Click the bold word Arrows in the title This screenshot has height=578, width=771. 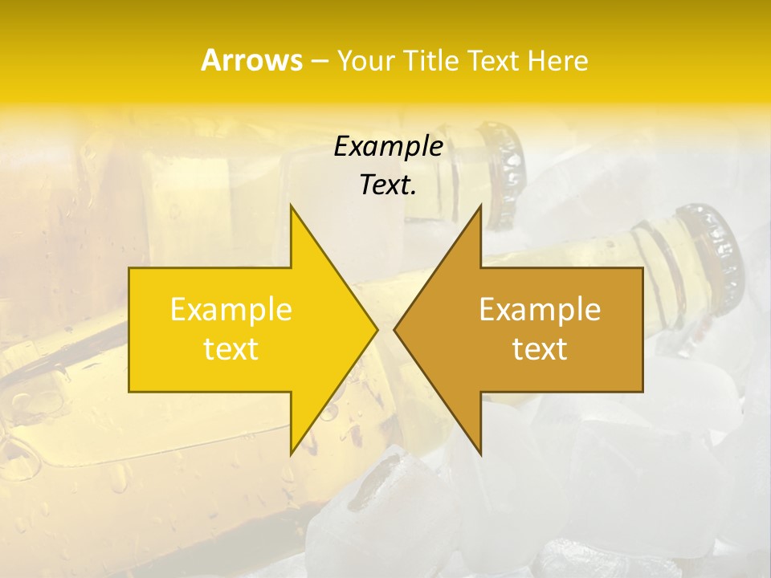(x=251, y=60)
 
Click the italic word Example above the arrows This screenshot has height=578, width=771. (x=389, y=146)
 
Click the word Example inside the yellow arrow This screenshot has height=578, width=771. (x=231, y=309)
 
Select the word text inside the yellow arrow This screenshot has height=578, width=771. (x=231, y=349)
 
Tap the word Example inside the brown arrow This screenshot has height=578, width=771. (x=540, y=309)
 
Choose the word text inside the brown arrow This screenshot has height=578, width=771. (x=540, y=349)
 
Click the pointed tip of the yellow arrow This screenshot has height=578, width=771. (x=377, y=329)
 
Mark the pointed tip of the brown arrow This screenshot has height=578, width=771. (x=394, y=329)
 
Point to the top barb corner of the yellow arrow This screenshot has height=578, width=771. (x=291, y=206)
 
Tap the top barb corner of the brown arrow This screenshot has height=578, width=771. (x=481, y=206)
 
